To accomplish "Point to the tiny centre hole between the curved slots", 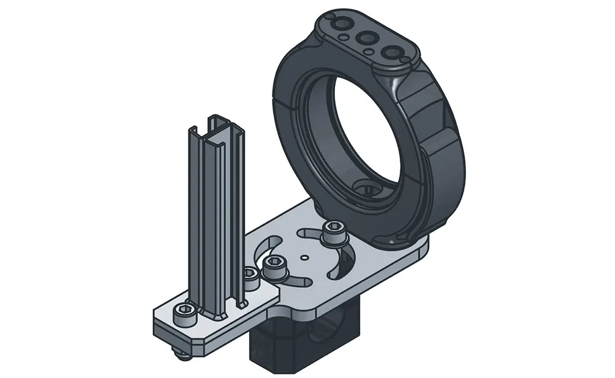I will (x=305, y=258).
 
